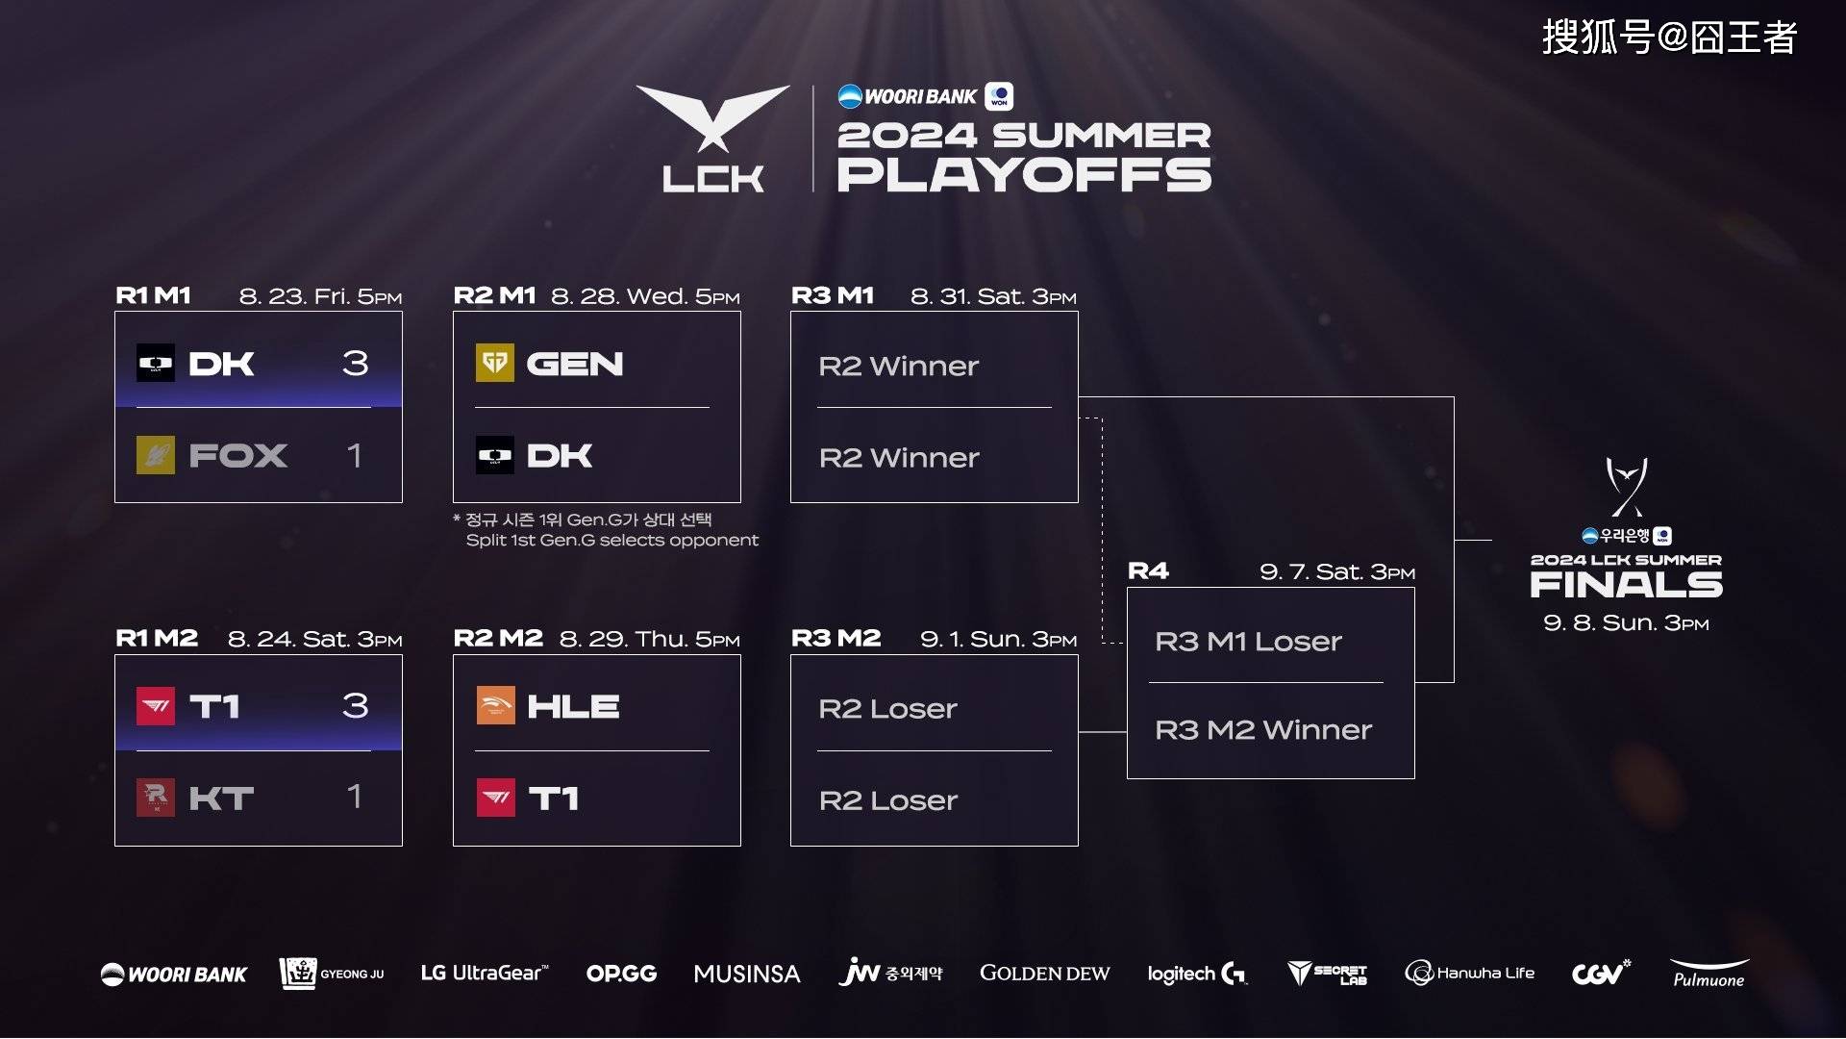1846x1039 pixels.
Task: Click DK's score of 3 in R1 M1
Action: pos(355,363)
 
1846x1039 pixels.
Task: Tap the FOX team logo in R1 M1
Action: pos(156,455)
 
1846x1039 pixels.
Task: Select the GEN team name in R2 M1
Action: pos(575,364)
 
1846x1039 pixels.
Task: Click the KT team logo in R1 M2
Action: pos(156,798)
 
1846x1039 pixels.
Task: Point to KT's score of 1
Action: pos(355,797)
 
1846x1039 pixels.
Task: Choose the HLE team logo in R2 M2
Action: pos(495,706)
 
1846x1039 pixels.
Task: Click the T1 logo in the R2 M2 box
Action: pos(495,798)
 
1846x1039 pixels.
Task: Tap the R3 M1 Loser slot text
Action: pos(1248,642)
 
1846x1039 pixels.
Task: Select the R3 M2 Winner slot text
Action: pos(1263,730)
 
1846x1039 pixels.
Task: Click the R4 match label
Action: pos(1148,571)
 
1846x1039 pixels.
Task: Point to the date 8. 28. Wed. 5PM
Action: pos(645,296)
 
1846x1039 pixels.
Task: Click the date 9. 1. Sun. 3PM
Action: pos(998,639)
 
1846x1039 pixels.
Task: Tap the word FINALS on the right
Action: pos(1626,584)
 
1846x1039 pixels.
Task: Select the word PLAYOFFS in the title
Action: pos(1024,175)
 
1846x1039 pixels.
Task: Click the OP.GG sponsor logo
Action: pos(621,974)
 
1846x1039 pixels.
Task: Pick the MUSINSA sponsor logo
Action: pos(747,975)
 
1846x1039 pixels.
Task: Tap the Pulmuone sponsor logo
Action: pos(1709,974)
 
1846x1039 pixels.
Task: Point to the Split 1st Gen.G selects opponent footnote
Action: pos(612,541)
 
